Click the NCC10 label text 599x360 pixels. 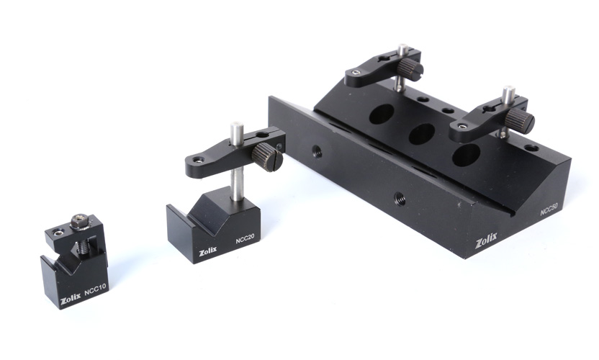click(x=96, y=289)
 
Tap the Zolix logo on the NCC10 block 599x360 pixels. click(x=71, y=300)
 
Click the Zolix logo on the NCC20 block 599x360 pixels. click(x=207, y=251)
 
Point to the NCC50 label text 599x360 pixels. click(x=549, y=209)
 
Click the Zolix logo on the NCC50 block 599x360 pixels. click(x=486, y=240)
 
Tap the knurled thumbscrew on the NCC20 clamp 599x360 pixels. click(x=267, y=157)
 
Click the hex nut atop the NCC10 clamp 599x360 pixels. click(x=80, y=222)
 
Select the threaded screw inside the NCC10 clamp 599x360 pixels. click(x=84, y=246)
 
